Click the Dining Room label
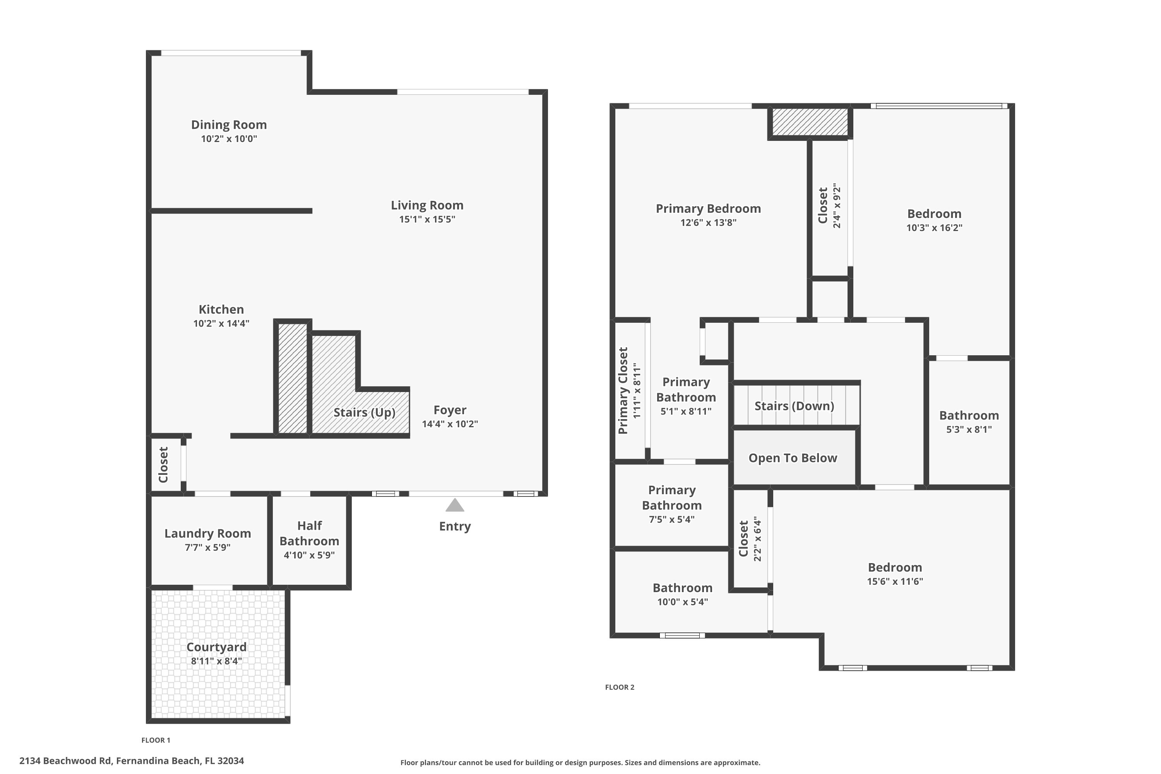coord(229,125)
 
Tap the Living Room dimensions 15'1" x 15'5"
coord(427,219)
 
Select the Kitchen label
coord(221,310)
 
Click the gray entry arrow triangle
coord(455,505)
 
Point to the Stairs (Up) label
coord(364,412)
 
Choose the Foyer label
coord(450,410)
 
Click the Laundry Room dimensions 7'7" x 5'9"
coord(207,548)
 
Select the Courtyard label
coord(216,647)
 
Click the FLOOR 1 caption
coord(156,740)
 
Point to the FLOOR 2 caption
coord(620,687)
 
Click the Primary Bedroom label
coord(708,209)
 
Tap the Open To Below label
coord(793,458)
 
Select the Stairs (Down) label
coord(794,406)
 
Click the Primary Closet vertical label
coord(623,390)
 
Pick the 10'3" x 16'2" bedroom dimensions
coord(934,228)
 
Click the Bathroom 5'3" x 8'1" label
coord(969,416)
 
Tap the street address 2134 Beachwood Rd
coord(131,761)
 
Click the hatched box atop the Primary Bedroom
coord(810,122)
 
